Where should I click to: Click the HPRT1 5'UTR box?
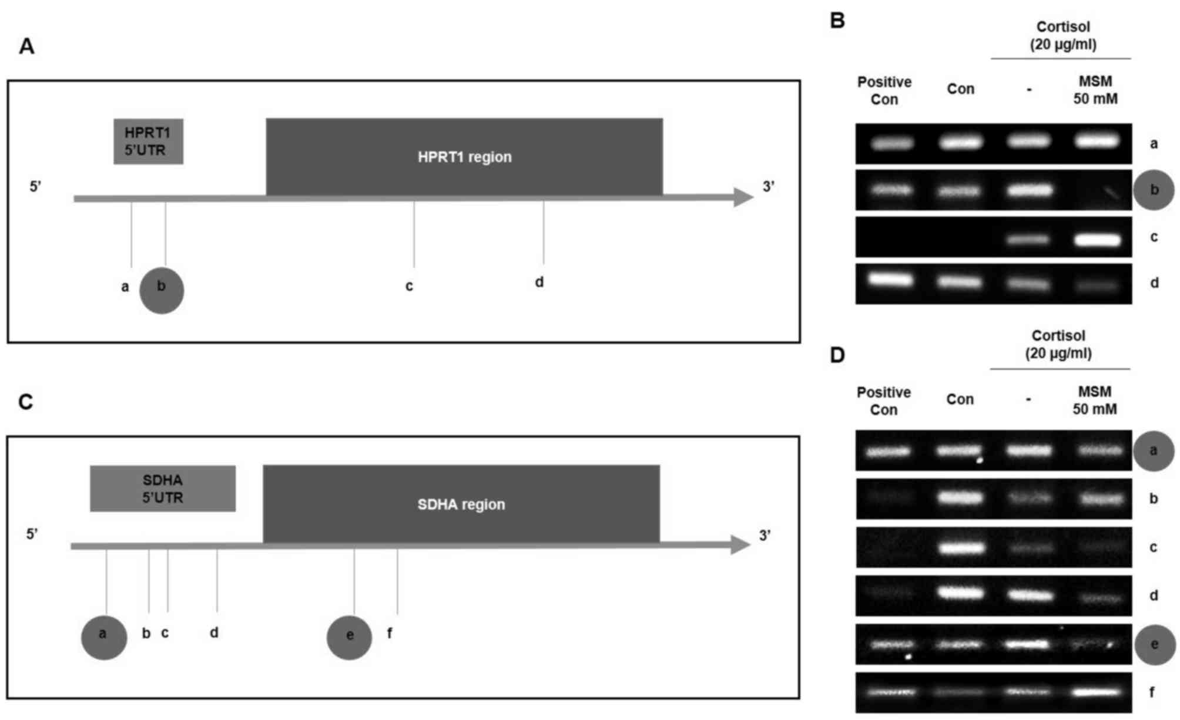pos(148,142)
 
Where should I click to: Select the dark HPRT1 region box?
pos(464,157)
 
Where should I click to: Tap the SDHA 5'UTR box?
pos(163,489)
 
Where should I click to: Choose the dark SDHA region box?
pos(461,504)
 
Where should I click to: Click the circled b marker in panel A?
pos(162,291)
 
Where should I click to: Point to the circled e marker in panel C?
pos(350,638)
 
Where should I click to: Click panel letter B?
pos(837,21)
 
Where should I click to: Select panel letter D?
pos(837,355)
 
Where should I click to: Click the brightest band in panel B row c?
pos(1097,240)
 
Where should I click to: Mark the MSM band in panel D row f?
pos(1097,692)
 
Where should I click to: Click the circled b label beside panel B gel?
pos(1154,190)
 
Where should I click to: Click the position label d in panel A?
pos(539,282)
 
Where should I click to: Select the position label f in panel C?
pos(390,633)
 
